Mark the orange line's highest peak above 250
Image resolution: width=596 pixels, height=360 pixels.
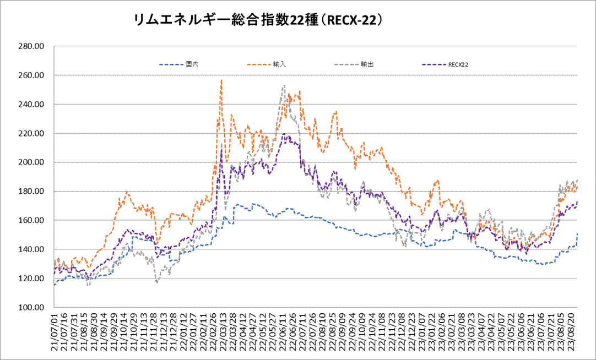point(221,80)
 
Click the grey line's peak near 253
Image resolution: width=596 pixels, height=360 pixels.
point(284,85)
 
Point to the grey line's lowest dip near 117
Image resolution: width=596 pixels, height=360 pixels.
point(157,282)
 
